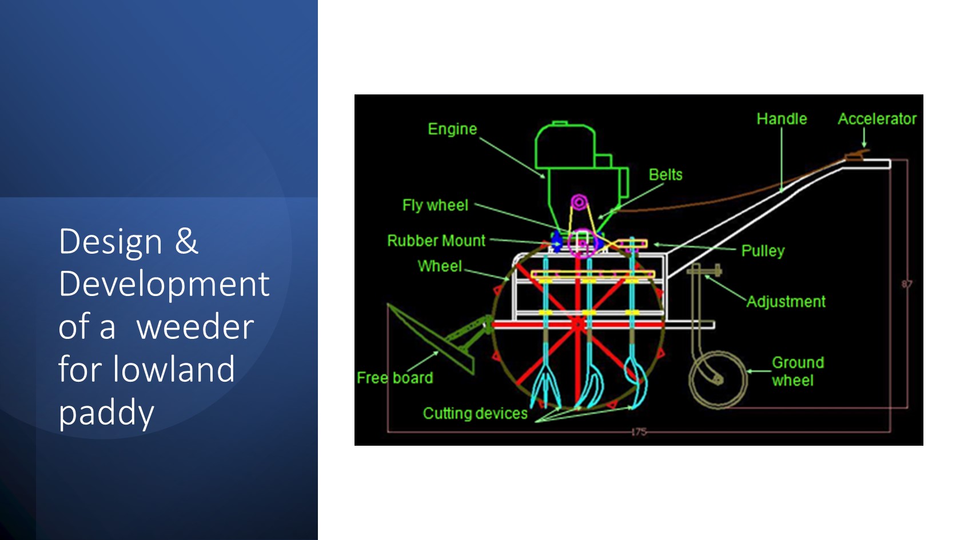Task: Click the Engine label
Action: [452, 129]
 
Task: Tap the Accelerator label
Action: [877, 119]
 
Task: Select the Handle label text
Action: [782, 119]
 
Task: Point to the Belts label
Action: [666, 175]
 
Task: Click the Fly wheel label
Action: [435, 206]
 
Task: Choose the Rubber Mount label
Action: [436, 241]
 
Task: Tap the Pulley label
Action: [763, 251]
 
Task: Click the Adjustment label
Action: [786, 302]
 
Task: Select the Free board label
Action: [395, 378]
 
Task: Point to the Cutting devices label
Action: [475, 413]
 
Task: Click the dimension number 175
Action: [639, 432]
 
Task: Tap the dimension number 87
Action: [907, 284]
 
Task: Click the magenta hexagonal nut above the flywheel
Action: [579, 202]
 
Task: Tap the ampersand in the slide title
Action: [186, 241]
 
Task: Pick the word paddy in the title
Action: [106, 413]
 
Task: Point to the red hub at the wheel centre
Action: [578, 325]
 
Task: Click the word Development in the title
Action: [164, 285]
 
